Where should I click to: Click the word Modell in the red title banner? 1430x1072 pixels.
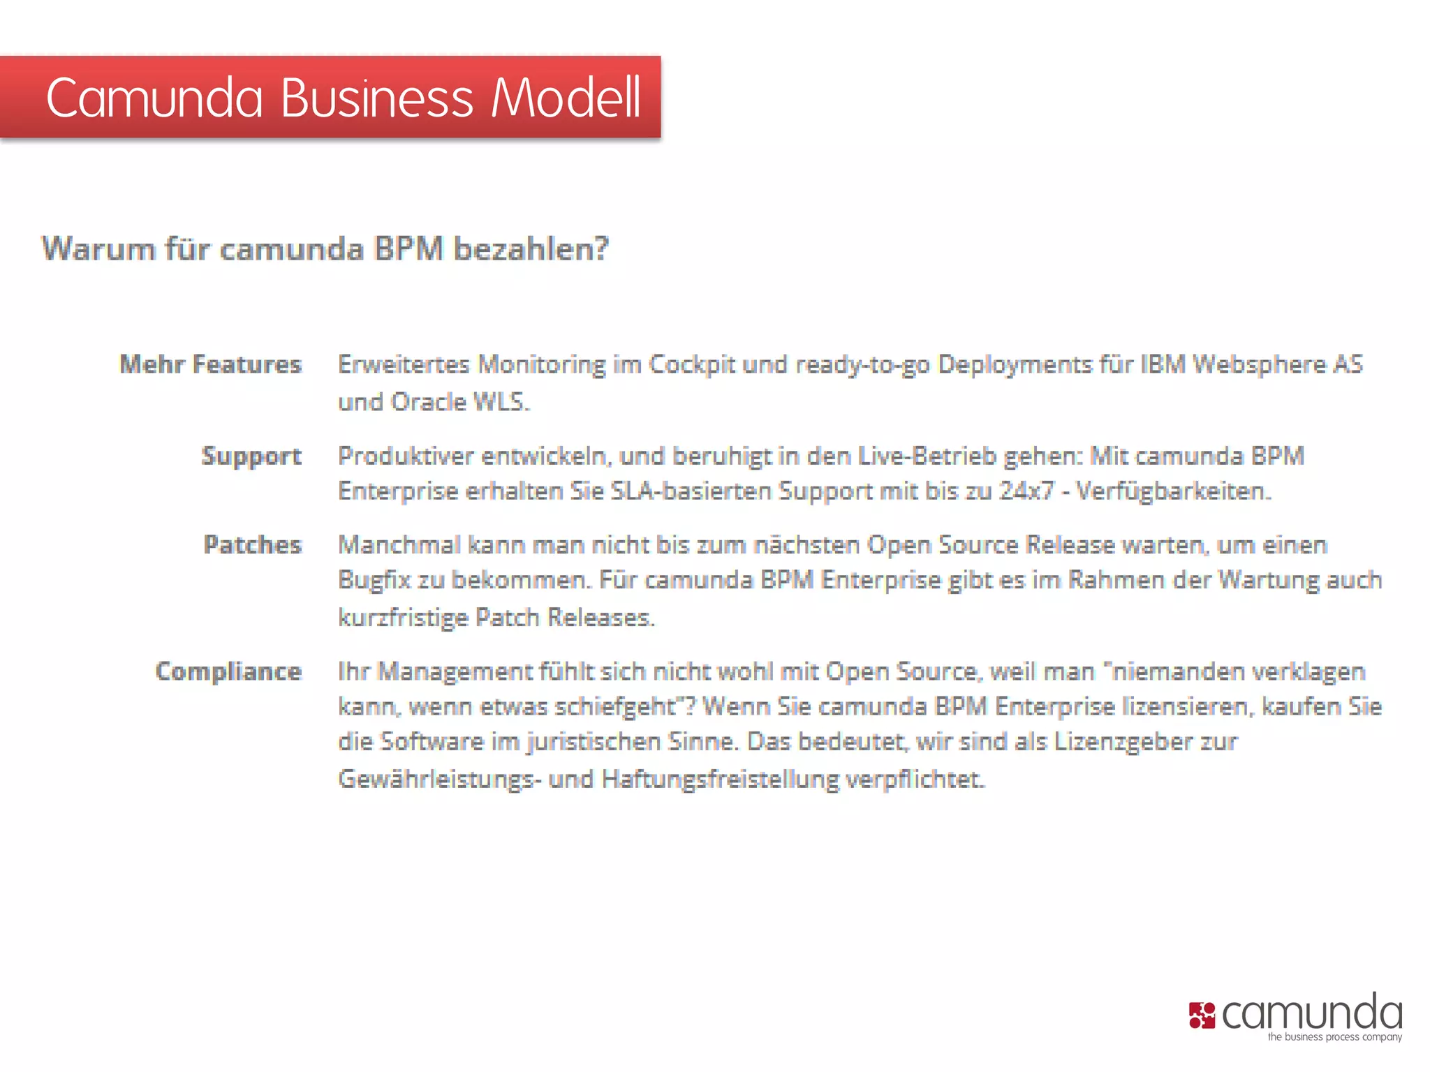pyautogui.click(x=566, y=98)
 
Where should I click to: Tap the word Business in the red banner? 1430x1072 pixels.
pyautogui.click(x=377, y=98)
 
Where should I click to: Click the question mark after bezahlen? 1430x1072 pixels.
pyautogui.click(x=602, y=249)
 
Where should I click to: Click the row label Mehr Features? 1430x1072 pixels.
pyautogui.click(x=211, y=364)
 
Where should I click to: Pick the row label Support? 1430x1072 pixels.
pyautogui.click(x=251, y=456)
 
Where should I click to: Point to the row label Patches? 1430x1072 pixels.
pyautogui.click(x=253, y=545)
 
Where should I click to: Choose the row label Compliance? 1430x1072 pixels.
pyautogui.click(x=229, y=671)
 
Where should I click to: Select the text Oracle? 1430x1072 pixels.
pyautogui.click(x=428, y=402)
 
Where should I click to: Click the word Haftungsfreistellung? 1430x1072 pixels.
pyautogui.click(x=720, y=779)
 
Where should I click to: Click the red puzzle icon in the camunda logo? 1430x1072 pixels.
pyautogui.click(x=1202, y=1015)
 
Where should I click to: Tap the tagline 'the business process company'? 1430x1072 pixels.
pyautogui.click(x=1334, y=1037)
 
